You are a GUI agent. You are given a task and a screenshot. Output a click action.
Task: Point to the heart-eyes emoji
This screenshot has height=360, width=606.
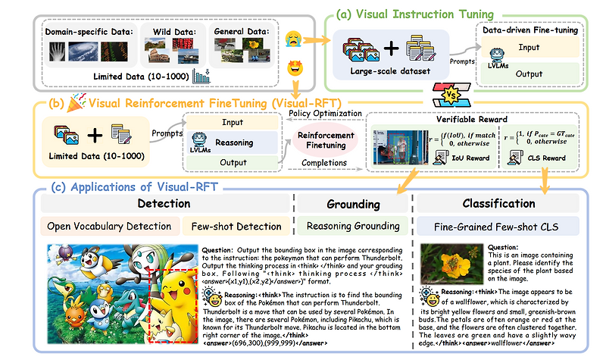point(297,70)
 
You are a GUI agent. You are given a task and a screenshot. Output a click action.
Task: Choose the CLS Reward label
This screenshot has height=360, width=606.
point(545,159)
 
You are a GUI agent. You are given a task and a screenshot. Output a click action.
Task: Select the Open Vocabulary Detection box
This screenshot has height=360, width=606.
point(108,225)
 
